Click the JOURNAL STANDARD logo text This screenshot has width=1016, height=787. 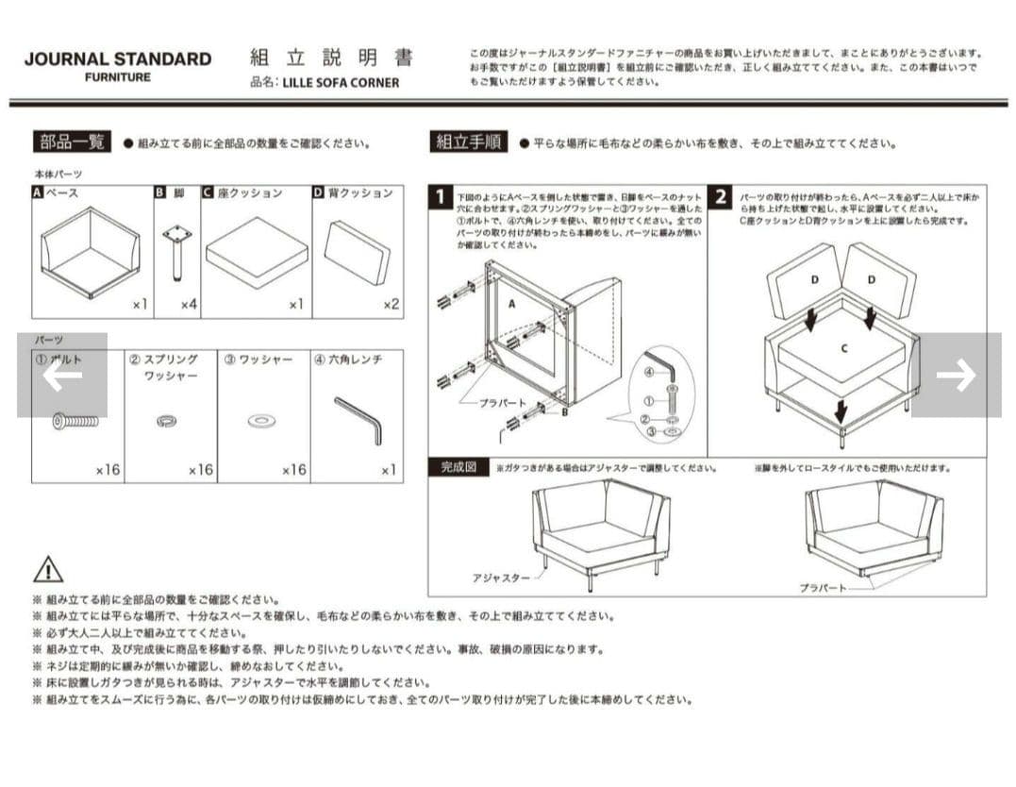tap(117, 59)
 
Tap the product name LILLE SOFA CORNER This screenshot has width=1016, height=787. tap(341, 83)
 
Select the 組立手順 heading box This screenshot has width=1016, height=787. tap(467, 142)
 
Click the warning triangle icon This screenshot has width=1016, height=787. tap(48, 569)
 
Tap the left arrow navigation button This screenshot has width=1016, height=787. tap(62, 375)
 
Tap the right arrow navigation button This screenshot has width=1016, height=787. tap(955, 375)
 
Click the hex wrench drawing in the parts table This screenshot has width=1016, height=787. tap(358, 420)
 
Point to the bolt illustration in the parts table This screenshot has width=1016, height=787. tap(75, 421)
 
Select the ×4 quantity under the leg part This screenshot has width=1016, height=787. tap(189, 304)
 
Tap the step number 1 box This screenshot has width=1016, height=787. tap(441, 197)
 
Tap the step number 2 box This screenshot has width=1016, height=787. tap(721, 197)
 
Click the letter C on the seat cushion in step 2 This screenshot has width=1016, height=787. tap(844, 348)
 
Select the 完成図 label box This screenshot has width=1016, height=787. tap(459, 467)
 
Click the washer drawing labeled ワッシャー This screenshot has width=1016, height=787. tap(262, 421)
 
